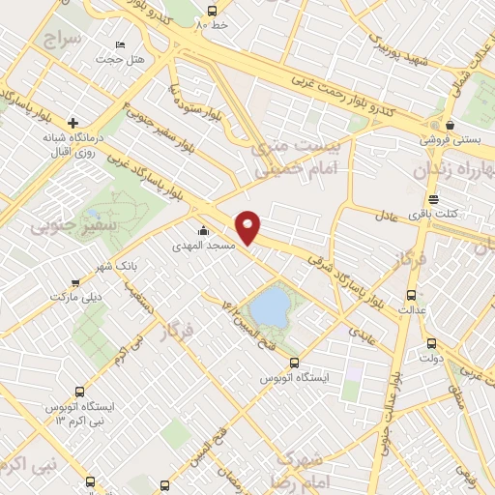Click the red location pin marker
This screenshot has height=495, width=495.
click(x=249, y=226)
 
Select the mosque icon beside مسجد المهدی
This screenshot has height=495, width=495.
click(x=203, y=231)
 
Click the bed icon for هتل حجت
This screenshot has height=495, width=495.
click(x=120, y=44)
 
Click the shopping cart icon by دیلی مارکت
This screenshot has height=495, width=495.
click(x=75, y=283)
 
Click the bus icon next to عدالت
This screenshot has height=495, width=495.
click(x=413, y=295)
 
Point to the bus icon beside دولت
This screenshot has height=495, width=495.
click(x=431, y=342)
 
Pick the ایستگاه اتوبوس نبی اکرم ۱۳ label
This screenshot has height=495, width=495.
click(x=79, y=413)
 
